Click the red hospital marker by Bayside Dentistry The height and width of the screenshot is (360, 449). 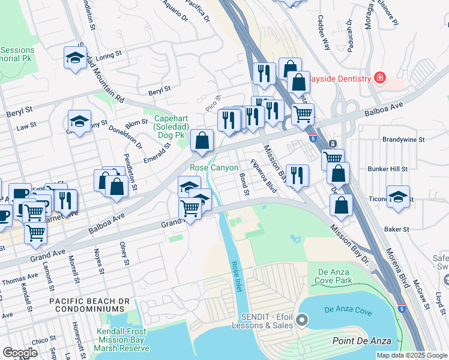tap(379, 78)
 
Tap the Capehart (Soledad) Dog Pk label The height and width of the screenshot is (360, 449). tap(171, 127)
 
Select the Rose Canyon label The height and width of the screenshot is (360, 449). tap(214, 167)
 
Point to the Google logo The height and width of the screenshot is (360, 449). tap(20, 353)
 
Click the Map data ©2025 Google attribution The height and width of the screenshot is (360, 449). tap(411, 355)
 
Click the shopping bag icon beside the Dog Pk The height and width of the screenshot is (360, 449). tap(203, 141)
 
